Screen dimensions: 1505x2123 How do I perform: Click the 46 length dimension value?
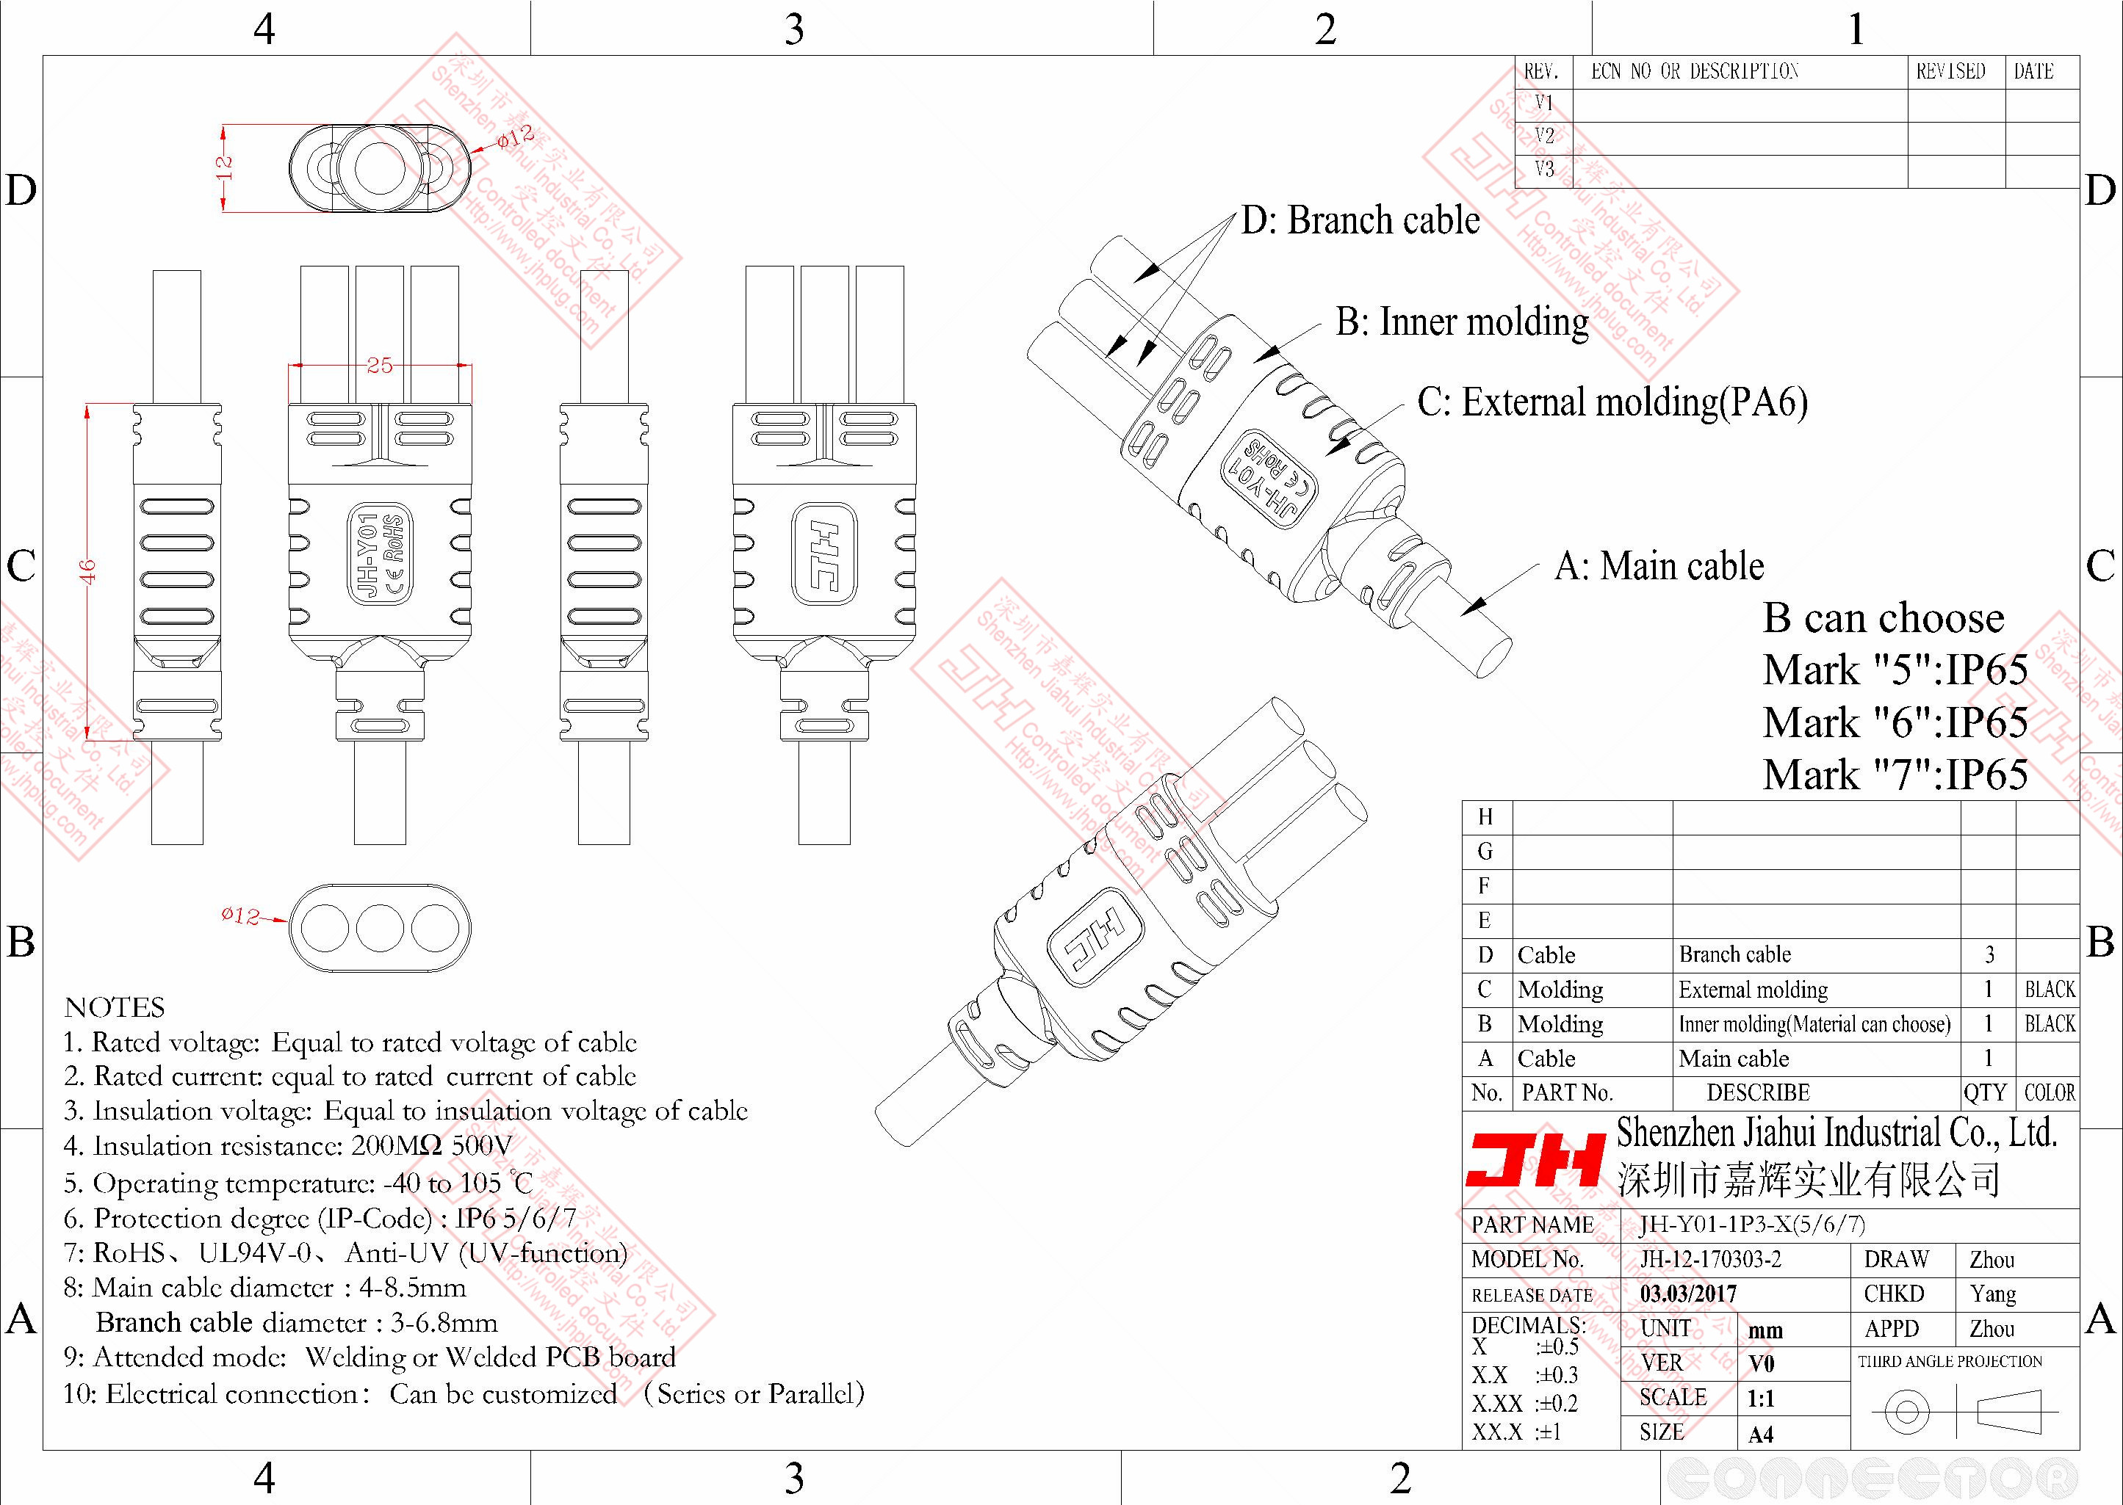tap(88, 571)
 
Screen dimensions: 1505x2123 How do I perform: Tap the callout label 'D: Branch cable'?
tap(1360, 220)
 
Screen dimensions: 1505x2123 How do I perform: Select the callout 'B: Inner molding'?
tap(1462, 322)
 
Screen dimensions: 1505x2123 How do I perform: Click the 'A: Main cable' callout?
tap(1659, 566)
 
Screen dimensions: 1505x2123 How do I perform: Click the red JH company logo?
tap(1535, 1159)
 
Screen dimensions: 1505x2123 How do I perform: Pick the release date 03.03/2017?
tap(1688, 1294)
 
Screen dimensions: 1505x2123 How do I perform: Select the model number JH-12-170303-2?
tap(1710, 1259)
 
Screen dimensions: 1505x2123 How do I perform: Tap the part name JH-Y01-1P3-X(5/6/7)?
tap(1751, 1225)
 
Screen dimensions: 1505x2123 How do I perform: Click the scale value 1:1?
tap(1761, 1399)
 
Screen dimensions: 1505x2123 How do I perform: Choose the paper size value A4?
tap(1761, 1435)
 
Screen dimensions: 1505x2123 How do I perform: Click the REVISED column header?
tap(1950, 71)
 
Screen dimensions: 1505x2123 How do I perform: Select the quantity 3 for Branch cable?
tap(1989, 954)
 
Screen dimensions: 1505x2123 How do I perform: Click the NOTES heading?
tap(115, 1007)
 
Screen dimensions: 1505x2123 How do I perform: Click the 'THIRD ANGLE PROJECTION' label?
tap(1950, 1361)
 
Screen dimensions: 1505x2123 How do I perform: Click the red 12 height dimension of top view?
tap(223, 167)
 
